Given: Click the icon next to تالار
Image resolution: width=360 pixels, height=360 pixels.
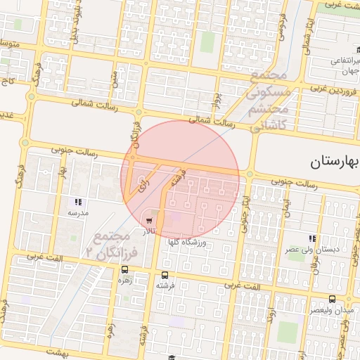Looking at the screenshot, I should coord(149,221).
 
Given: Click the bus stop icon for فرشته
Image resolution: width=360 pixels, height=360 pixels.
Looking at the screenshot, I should coord(165,275).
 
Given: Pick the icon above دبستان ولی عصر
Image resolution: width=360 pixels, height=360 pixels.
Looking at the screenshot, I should coord(312,239).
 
